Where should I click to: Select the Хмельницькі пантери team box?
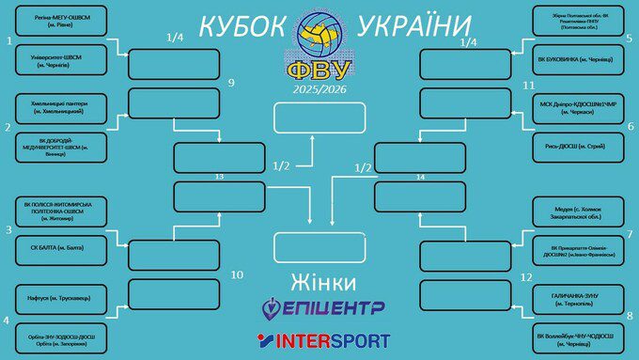[56, 106]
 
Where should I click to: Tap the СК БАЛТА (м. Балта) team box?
[56, 248]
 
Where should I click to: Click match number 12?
[526, 276]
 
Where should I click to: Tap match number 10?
[237, 274]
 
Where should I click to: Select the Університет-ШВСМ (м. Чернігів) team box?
[56, 58]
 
